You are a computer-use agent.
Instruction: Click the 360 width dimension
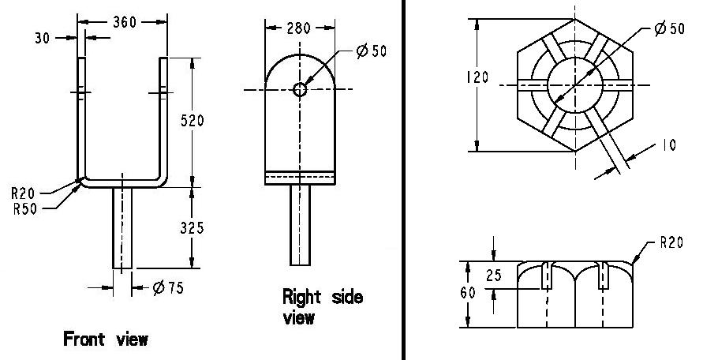point(125,22)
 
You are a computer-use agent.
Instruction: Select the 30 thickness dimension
point(42,38)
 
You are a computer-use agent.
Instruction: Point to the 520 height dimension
point(192,120)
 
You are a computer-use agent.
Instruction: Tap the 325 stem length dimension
point(192,228)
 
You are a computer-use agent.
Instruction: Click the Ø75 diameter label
point(168,287)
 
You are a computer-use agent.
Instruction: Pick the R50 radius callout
point(24,209)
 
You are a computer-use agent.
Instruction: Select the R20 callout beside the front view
point(23,194)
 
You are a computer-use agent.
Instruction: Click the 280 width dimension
point(298,28)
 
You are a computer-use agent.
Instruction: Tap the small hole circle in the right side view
point(300,90)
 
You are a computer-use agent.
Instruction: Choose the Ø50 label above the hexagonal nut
point(669,28)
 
